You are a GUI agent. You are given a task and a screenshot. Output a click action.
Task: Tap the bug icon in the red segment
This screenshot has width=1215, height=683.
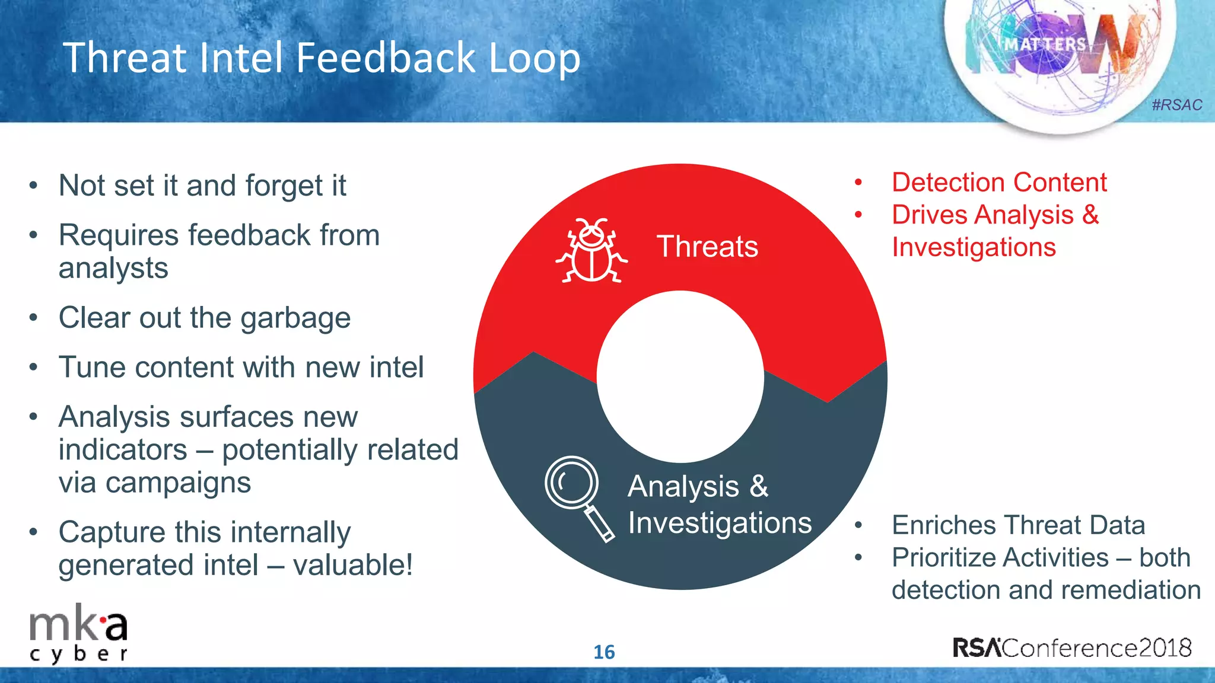tap(591, 251)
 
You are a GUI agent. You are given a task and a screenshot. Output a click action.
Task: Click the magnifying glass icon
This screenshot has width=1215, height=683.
tap(578, 497)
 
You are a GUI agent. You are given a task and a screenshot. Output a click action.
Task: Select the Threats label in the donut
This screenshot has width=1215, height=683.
tap(707, 247)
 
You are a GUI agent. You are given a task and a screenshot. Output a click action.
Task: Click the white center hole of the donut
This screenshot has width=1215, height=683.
tap(680, 376)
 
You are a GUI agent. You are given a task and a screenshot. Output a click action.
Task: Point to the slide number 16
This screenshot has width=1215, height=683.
tap(604, 652)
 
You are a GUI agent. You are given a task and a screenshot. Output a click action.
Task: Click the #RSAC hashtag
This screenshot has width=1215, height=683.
tap(1176, 105)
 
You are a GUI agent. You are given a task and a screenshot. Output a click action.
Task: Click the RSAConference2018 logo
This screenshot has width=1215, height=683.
tap(1072, 647)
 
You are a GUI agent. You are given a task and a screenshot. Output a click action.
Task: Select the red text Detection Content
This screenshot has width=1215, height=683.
tap(999, 183)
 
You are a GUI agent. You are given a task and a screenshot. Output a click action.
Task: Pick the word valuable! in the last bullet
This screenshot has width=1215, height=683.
tap(352, 565)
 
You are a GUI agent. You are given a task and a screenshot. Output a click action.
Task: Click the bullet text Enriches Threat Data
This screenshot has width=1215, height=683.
tap(1018, 525)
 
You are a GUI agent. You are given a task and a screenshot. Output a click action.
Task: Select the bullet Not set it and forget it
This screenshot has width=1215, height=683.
tap(202, 186)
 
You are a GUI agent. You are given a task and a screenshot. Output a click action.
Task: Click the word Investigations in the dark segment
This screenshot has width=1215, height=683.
tap(720, 523)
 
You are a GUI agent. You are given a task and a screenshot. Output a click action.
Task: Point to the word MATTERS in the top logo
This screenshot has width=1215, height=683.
tap(1045, 44)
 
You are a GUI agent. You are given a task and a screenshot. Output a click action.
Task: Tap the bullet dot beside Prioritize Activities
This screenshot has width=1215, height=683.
tap(858, 557)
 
